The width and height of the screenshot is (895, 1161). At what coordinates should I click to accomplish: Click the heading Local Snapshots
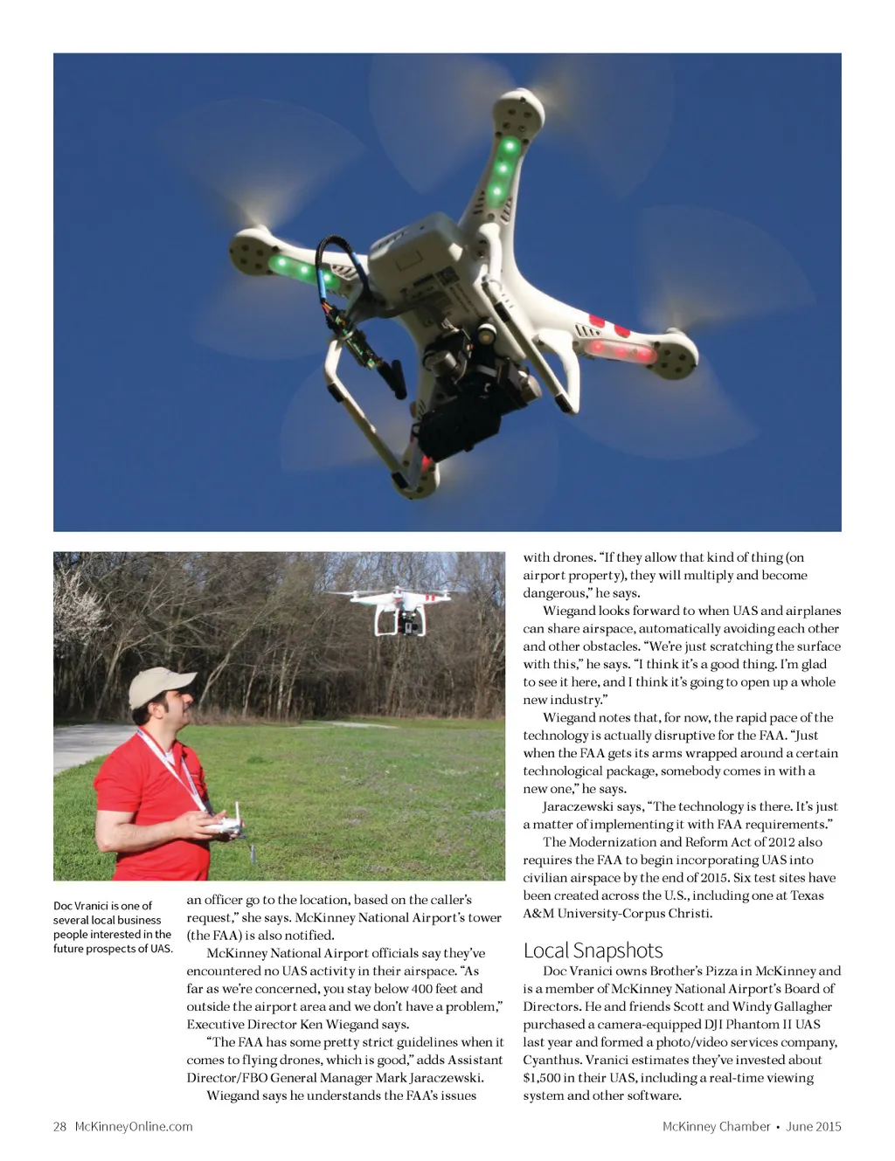pos(593,950)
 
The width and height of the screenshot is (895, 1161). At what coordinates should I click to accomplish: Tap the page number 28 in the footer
pos(59,1126)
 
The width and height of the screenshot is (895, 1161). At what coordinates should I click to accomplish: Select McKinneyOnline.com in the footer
pos(134,1126)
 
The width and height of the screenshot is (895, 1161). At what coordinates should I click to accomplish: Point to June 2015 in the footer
pos(814,1126)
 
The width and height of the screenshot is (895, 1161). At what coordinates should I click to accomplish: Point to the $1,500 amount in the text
pos(542,1078)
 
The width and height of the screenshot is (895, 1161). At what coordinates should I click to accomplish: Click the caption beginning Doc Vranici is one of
pos(112,927)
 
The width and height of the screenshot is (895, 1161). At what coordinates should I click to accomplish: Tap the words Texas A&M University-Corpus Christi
pos(674,905)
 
